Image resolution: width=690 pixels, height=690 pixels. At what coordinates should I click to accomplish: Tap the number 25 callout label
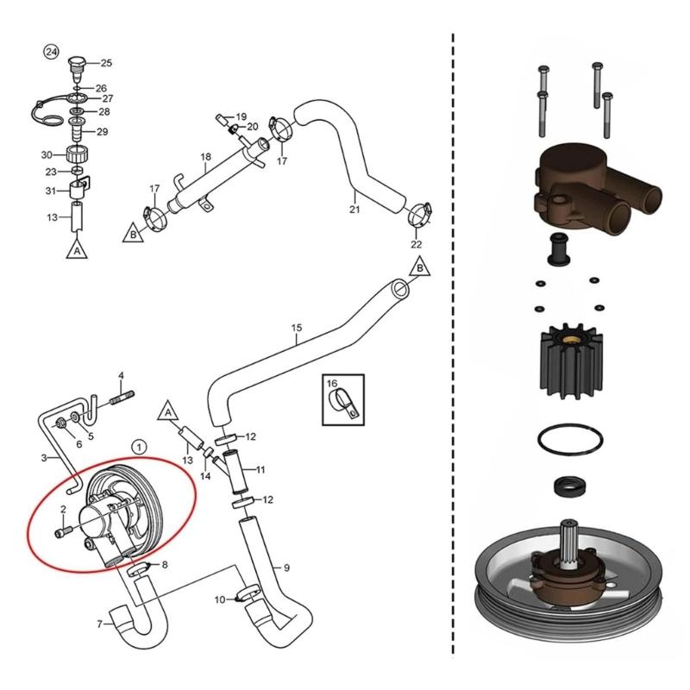[106, 63]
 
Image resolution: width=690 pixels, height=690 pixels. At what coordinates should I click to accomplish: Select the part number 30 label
[47, 154]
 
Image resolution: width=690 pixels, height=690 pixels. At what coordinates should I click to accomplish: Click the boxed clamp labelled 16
[343, 399]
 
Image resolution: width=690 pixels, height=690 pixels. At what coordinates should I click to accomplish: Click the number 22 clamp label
[417, 244]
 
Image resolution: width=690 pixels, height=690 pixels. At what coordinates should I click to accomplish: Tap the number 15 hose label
[297, 328]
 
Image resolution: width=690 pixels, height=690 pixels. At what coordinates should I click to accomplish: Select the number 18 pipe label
[205, 157]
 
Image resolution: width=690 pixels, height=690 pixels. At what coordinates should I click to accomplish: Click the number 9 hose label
[285, 568]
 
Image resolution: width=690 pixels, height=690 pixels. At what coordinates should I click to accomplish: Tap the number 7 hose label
[99, 624]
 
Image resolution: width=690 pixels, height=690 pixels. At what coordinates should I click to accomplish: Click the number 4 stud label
[122, 375]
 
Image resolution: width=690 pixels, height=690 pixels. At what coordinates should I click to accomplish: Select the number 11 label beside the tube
[260, 468]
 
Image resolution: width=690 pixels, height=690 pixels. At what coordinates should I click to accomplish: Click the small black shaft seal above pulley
[568, 487]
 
